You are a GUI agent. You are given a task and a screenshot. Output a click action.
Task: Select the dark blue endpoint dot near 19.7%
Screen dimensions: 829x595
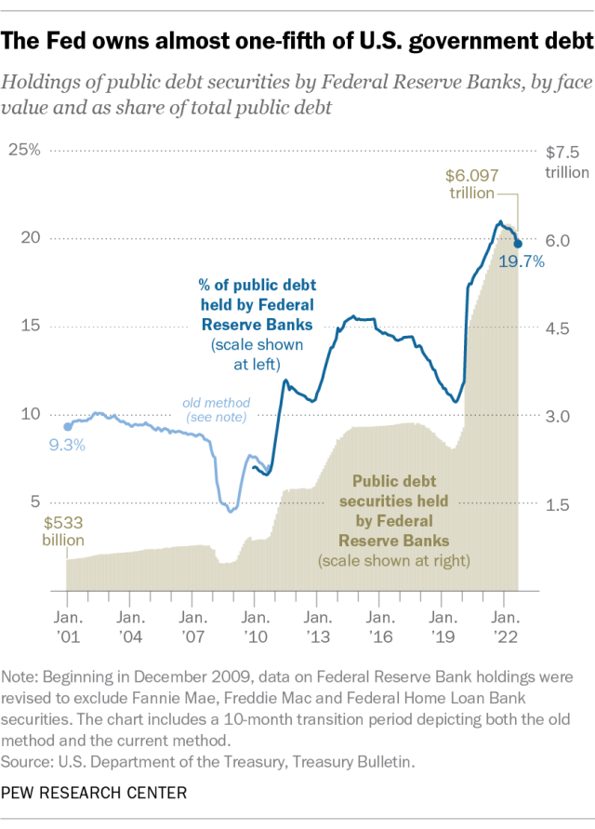pos(518,244)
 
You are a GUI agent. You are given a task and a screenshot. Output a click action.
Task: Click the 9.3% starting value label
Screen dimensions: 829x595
pos(66,445)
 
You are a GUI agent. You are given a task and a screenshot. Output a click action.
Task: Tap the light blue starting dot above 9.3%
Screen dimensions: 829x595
pos(67,426)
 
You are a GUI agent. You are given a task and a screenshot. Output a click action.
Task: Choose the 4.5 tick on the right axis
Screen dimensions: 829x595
pos(557,328)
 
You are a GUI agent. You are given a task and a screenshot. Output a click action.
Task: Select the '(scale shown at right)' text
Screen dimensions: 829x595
pos(393,560)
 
